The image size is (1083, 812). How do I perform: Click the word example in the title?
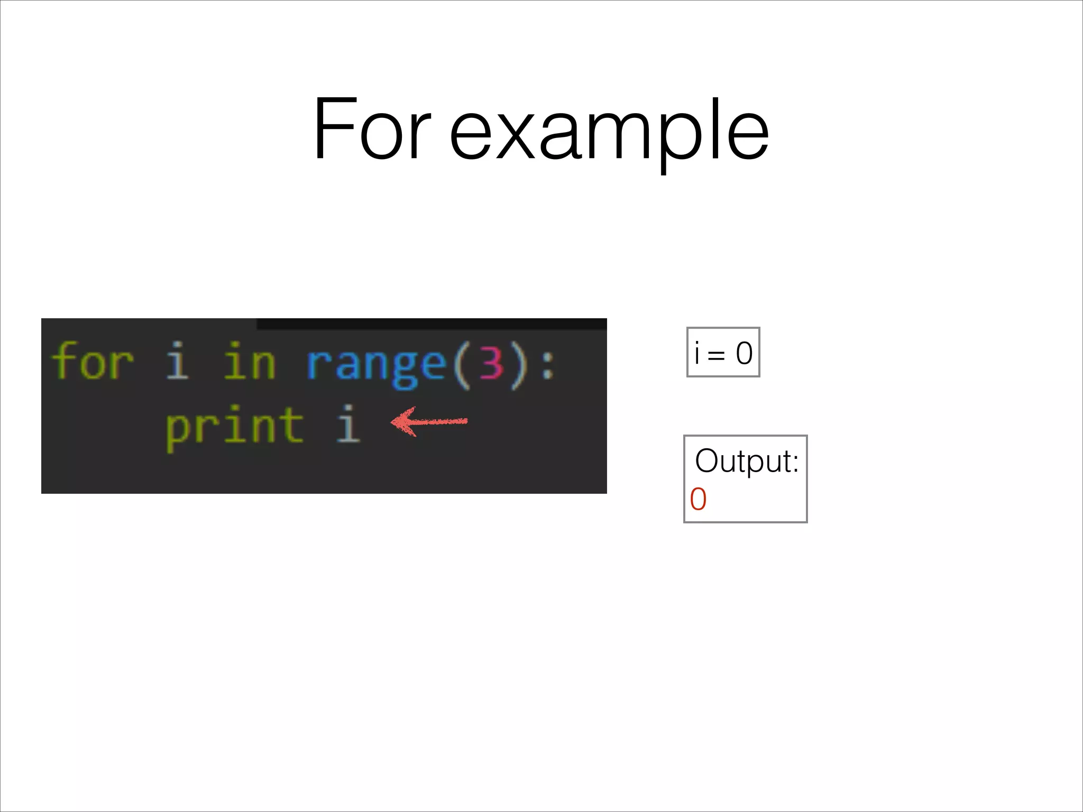tap(609, 132)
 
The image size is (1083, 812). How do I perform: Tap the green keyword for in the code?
tap(93, 362)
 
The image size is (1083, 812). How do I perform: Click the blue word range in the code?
tap(376, 365)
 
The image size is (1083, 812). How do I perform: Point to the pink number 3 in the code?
tap(491, 364)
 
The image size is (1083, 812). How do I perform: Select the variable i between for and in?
tap(177, 362)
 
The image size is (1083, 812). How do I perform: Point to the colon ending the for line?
tap(548, 365)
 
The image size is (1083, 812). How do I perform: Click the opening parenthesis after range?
tap(461, 365)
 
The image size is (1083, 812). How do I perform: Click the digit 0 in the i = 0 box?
tap(744, 353)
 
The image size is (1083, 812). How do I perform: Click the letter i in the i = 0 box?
tap(697, 353)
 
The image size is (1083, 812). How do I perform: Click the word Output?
tap(746, 461)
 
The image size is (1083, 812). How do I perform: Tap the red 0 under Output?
tap(698, 500)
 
